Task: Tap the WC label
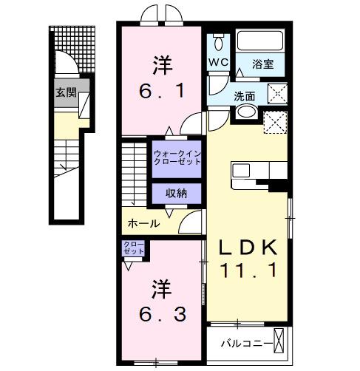click(x=220, y=62)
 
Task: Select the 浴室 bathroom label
click(x=262, y=64)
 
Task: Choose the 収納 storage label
click(x=176, y=193)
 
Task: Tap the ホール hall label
click(x=144, y=223)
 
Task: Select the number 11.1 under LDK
click(x=250, y=272)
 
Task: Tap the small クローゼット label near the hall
click(x=134, y=248)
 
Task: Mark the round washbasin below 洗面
click(x=246, y=113)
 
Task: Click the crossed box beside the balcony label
click(x=279, y=341)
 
